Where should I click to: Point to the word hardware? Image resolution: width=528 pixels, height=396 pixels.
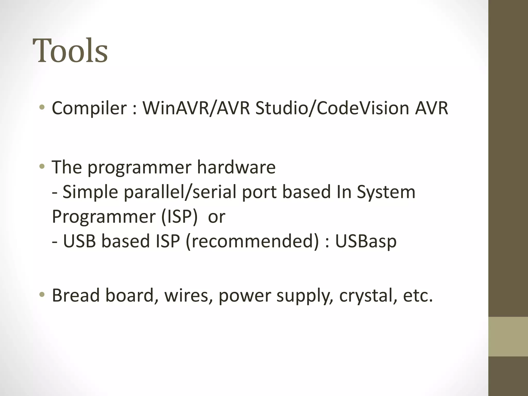pyautogui.click(x=236, y=167)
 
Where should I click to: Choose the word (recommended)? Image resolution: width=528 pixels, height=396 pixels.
pyautogui.click(x=252, y=241)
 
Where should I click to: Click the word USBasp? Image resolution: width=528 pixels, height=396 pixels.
pyautogui.click(x=366, y=241)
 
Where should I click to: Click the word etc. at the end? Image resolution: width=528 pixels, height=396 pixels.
pyautogui.click(x=418, y=295)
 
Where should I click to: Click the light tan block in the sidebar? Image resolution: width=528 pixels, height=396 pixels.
pyautogui.click(x=508, y=336)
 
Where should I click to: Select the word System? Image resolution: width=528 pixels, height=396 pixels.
pyautogui.click(x=386, y=192)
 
